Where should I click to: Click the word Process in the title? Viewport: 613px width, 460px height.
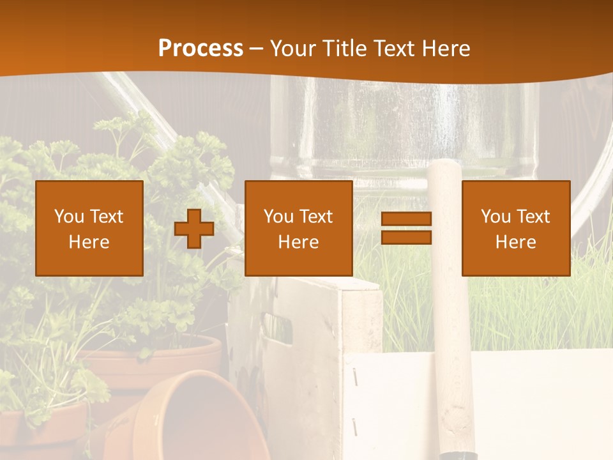click(201, 49)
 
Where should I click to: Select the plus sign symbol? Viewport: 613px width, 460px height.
click(194, 228)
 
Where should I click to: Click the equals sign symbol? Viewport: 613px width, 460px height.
click(406, 228)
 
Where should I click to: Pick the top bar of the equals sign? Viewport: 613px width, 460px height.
click(406, 219)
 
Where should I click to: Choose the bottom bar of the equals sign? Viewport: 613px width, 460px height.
click(406, 237)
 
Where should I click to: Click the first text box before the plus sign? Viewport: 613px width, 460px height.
click(89, 228)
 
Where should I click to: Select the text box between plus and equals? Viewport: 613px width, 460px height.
click(298, 228)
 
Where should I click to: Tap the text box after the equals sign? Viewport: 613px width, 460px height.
click(515, 228)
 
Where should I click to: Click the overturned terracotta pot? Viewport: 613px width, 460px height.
click(192, 415)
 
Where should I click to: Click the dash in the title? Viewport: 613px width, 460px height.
click(256, 49)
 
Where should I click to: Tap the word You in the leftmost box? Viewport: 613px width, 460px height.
click(69, 217)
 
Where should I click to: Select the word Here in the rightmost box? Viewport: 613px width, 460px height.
click(515, 242)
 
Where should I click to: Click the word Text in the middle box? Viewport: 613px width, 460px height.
click(317, 217)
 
